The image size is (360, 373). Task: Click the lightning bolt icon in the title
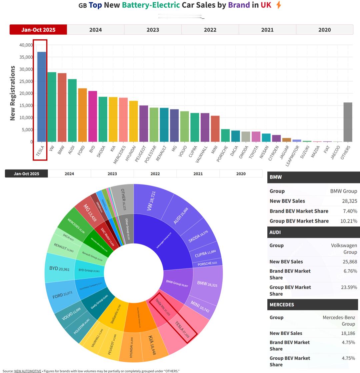point(279,5)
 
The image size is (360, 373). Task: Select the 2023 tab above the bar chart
point(153,30)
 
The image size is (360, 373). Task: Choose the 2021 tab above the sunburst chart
point(198,173)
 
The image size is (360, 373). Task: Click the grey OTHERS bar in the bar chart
point(348,122)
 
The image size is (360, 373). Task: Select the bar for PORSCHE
point(225,135)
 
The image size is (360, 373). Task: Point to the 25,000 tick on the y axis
point(26,81)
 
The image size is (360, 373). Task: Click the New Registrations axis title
point(13,93)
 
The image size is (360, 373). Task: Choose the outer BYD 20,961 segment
point(59,269)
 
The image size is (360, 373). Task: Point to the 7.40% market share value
point(350,211)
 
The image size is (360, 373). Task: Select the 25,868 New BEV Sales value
point(350,262)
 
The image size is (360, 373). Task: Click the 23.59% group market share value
point(349,287)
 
